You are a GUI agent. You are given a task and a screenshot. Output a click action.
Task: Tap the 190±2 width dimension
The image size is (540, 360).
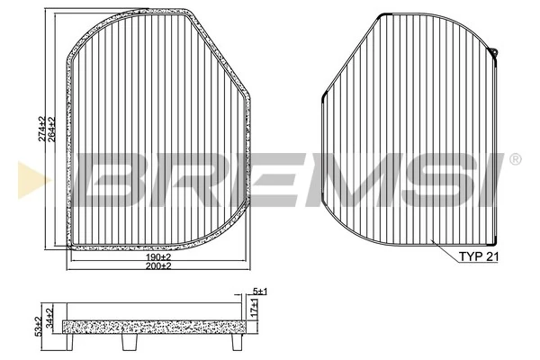157,256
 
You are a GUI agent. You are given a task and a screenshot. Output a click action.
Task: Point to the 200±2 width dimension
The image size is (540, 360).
157,267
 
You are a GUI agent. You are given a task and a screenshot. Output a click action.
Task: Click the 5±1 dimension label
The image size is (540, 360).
259,292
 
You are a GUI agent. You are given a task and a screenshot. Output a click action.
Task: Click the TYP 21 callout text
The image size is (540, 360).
479,256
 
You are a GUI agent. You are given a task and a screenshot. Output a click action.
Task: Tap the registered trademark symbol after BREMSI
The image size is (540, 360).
515,160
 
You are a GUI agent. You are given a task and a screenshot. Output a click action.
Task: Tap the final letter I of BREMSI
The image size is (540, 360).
486,177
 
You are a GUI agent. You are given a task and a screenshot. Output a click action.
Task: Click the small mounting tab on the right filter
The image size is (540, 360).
496,53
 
